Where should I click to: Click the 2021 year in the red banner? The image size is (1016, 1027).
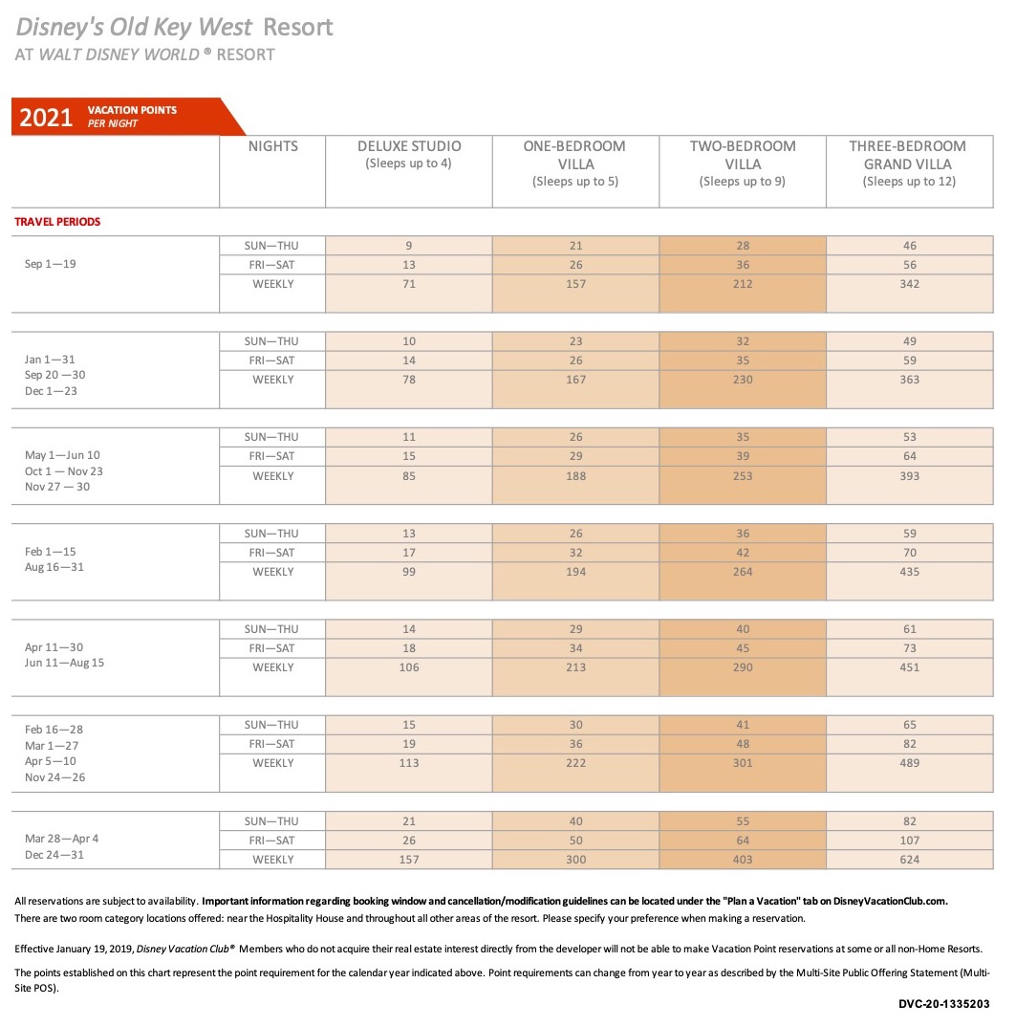click(46, 118)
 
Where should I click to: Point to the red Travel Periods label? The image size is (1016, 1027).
click(57, 222)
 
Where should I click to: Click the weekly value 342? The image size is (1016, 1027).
click(909, 284)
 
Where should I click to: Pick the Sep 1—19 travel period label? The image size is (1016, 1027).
click(51, 264)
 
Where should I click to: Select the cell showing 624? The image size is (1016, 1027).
click(909, 860)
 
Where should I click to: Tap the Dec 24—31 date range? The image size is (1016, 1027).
click(54, 855)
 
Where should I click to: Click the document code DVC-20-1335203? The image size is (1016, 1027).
click(944, 1003)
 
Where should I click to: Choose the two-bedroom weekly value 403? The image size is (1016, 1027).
click(743, 860)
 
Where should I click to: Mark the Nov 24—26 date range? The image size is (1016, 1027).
click(55, 777)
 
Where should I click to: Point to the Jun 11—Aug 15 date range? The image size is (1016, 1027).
click(64, 663)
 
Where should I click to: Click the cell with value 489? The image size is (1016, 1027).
click(909, 763)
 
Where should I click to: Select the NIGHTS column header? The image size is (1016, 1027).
click(273, 146)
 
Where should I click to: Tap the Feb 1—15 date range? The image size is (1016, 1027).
click(51, 552)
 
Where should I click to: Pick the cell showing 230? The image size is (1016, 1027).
click(743, 380)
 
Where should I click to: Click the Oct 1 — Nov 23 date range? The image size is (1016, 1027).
click(63, 470)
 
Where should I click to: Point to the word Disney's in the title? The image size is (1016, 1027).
click(59, 28)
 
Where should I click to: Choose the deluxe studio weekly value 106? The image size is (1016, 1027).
click(409, 667)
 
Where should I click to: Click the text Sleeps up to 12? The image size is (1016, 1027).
click(909, 182)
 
